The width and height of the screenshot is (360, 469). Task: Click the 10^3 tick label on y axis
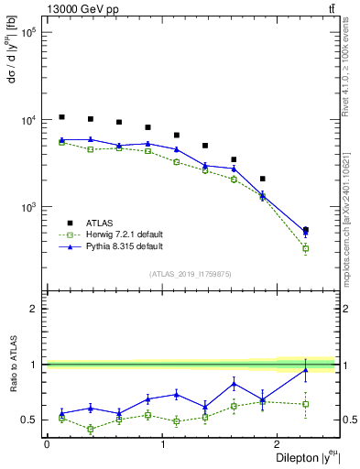tap(28, 208)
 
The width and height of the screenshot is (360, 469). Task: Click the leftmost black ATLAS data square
tap(61, 117)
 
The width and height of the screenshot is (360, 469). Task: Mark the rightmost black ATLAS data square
tap(305, 230)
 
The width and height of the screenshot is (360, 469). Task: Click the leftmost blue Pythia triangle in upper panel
tap(61, 140)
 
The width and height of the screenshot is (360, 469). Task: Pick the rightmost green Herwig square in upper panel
tap(305, 248)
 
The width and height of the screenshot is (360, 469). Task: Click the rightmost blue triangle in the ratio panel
tap(305, 369)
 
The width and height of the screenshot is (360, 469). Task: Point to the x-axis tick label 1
tap(162, 444)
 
